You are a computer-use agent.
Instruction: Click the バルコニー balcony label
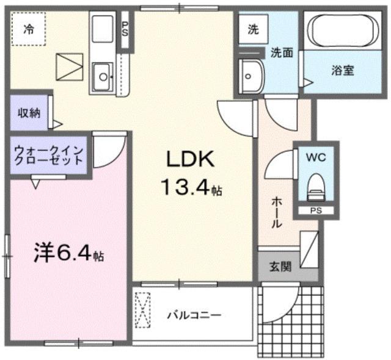(194, 315)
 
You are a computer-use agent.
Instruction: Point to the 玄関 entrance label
(280, 266)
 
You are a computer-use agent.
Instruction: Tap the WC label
(316, 157)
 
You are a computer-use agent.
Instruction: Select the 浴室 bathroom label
(343, 71)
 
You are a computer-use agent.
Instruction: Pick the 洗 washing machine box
(253, 28)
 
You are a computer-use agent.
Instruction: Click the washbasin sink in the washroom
(250, 75)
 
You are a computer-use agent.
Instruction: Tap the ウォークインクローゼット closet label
(49, 156)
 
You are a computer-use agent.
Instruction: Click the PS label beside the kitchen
(125, 28)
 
